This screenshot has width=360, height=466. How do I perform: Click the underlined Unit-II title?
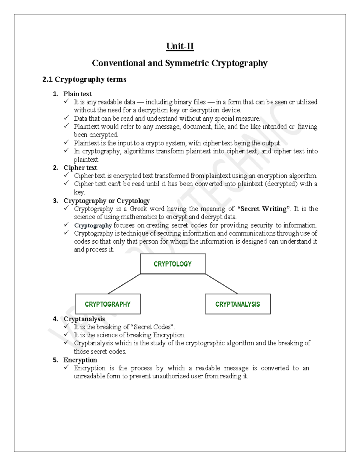pyautogui.click(x=180, y=46)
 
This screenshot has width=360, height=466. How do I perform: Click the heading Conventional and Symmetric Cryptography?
pyautogui.click(x=179, y=63)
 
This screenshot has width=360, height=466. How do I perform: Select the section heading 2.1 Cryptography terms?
pyautogui.click(x=84, y=80)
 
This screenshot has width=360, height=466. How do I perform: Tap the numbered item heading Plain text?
pyautogui.click(x=77, y=94)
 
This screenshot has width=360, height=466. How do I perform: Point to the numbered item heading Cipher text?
pyautogui.click(x=80, y=168)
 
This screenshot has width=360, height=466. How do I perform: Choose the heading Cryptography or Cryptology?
pyautogui.click(x=106, y=200)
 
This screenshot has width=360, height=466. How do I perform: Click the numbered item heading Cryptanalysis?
pyautogui.click(x=84, y=319)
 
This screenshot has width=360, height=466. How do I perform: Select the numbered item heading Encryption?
pyautogui.click(x=80, y=360)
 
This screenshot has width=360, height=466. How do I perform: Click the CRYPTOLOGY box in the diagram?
pyautogui.click(x=172, y=264)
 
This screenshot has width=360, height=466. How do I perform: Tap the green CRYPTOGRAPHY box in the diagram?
pyautogui.click(x=107, y=304)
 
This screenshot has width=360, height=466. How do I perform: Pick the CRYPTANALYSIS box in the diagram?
pyautogui.click(x=237, y=304)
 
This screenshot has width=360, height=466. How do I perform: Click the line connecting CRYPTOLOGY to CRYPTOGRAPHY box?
pyautogui.click(x=124, y=284)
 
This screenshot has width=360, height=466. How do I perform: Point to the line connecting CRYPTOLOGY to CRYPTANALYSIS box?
pyautogui.click(x=221, y=284)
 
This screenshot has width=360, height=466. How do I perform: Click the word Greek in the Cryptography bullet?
pyautogui.click(x=138, y=209)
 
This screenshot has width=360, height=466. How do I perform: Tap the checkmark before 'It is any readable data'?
pyautogui.click(x=66, y=102)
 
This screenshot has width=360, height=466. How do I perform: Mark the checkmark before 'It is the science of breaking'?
pyautogui.click(x=66, y=335)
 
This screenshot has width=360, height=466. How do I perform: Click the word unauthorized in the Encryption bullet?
pyautogui.click(x=171, y=376)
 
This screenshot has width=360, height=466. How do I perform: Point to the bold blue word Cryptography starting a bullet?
pyautogui.click(x=93, y=225)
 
